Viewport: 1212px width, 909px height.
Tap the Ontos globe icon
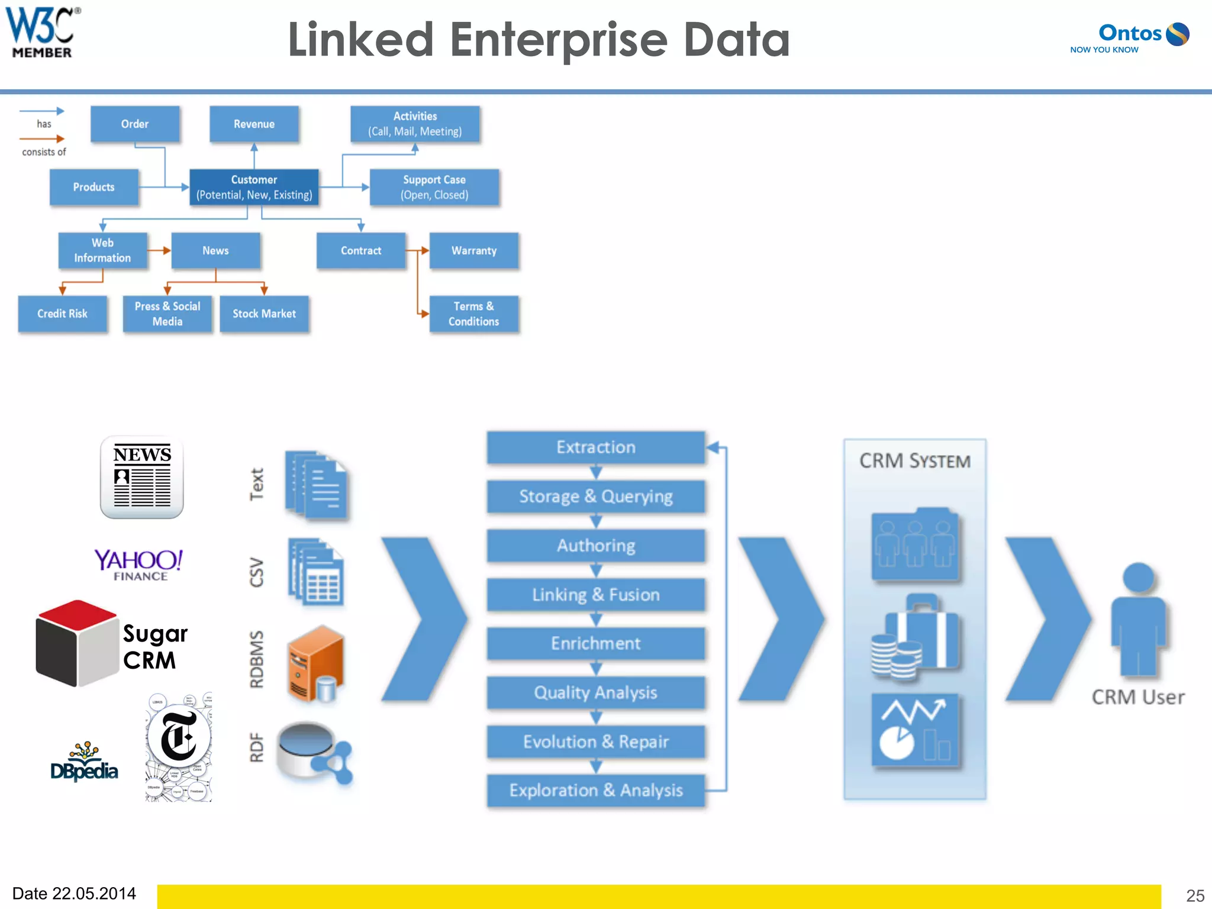pos(1177,34)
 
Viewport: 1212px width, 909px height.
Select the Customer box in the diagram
pos(254,187)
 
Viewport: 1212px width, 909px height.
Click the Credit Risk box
pos(62,314)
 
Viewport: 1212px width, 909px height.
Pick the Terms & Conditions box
pos(473,314)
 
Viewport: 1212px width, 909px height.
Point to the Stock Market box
pos(264,314)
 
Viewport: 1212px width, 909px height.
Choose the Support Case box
pos(434,187)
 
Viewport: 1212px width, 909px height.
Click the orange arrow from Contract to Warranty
pos(418,251)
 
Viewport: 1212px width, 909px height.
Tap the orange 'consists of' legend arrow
pos(41,139)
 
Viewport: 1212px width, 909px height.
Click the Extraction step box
pos(595,447)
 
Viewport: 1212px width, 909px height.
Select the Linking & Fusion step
pos(595,594)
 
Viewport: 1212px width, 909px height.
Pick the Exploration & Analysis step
pos(595,790)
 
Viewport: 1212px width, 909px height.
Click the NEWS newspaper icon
pos(141,477)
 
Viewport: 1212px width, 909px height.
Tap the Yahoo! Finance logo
pos(138,564)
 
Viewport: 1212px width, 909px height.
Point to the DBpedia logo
pos(84,763)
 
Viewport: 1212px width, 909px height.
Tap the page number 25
pos(1195,895)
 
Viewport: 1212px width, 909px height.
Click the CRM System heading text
pos(914,461)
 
